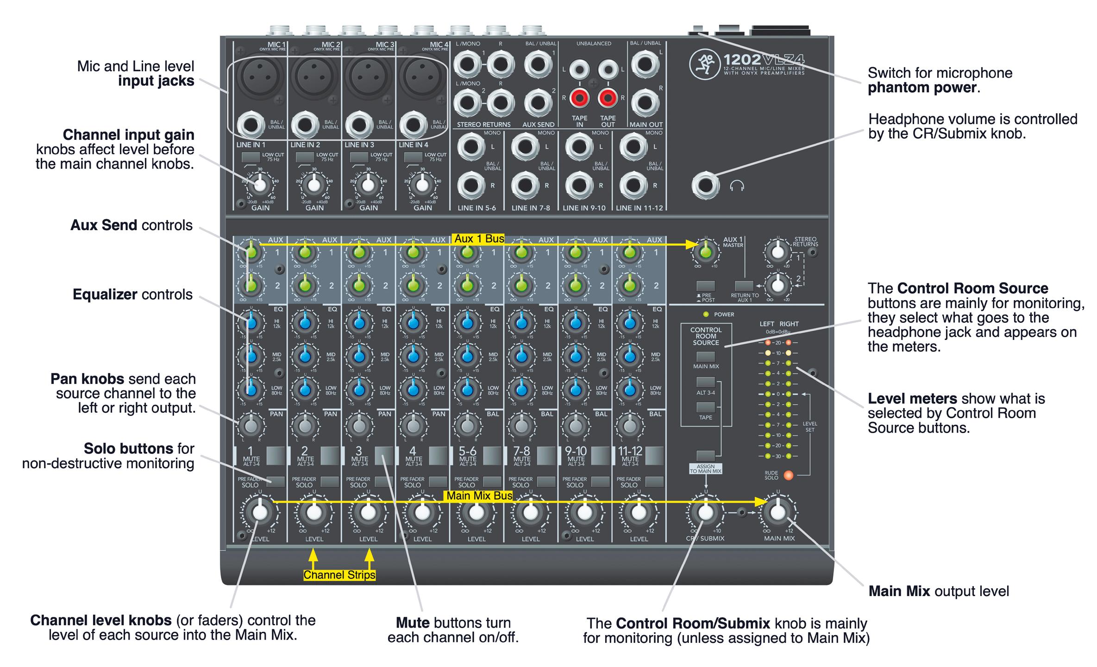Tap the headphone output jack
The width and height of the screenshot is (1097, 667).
pyautogui.click(x=705, y=186)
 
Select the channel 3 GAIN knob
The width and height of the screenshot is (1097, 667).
pyautogui.click(x=368, y=185)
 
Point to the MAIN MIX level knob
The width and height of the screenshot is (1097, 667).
pyautogui.click(x=778, y=512)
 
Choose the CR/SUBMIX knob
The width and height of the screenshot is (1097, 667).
pyautogui.click(x=705, y=512)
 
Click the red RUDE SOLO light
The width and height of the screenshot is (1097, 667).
pyautogui.click(x=788, y=475)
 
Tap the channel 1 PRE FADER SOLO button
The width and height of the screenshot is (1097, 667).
pyautogui.click(x=276, y=482)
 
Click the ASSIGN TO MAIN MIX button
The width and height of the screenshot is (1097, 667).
pyautogui.click(x=706, y=456)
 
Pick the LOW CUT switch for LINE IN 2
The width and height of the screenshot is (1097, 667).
pyautogui.click(x=305, y=157)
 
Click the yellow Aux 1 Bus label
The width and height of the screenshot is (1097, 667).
pyautogui.click(x=479, y=239)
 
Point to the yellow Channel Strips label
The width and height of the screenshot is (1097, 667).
pyautogui.click(x=339, y=575)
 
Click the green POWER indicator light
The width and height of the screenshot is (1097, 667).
pyautogui.click(x=706, y=315)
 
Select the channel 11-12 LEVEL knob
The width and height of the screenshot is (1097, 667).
pyautogui.click(x=639, y=512)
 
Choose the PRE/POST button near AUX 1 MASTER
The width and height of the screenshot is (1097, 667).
pyautogui.click(x=706, y=286)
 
